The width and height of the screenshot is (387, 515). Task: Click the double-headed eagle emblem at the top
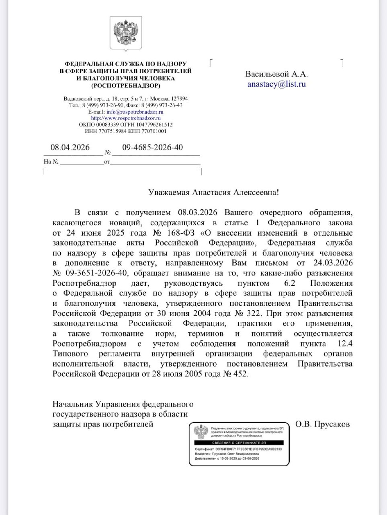click(126, 35)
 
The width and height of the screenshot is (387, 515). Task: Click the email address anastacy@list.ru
click(276, 84)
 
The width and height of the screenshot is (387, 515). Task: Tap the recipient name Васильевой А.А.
click(276, 74)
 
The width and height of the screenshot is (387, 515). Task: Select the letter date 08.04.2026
click(70, 147)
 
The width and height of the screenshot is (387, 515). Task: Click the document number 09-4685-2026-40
click(152, 147)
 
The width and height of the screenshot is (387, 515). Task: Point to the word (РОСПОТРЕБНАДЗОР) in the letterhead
click(125, 85)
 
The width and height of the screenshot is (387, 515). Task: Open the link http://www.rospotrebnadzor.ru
click(126, 118)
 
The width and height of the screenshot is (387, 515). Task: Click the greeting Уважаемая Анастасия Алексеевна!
click(213, 192)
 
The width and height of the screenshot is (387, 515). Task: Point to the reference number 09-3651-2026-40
click(94, 273)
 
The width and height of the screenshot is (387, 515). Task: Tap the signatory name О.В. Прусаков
click(322, 424)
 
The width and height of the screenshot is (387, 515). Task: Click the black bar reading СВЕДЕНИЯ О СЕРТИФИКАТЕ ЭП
click(239, 443)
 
